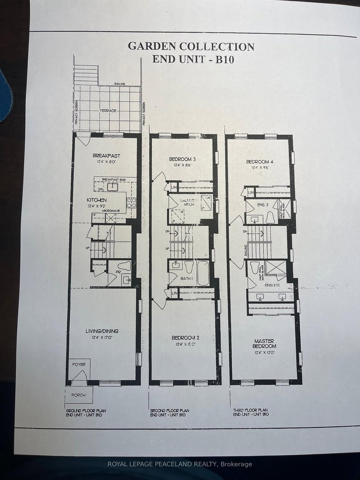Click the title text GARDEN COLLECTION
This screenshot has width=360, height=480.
(x=191, y=46)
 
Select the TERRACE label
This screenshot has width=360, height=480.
(x=108, y=110)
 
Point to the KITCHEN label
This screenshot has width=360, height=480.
(x=97, y=200)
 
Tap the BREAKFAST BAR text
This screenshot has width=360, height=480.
(x=113, y=179)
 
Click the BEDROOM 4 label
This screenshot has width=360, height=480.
(x=260, y=161)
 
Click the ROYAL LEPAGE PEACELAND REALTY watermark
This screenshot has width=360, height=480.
(x=180, y=464)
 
